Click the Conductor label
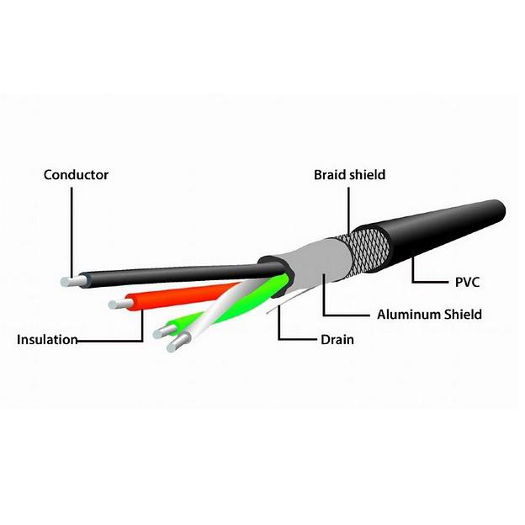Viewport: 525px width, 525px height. (x=76, y=175)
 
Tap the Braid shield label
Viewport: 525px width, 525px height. (x=349, y=175)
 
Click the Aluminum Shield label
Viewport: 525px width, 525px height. (x=429, y=314)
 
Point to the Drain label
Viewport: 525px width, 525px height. (x=337, y=340)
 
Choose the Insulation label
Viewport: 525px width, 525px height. (x=47, y=340)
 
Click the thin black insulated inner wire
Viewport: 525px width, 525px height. (x=168, y=275)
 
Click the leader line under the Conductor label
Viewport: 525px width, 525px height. (x=72, y=227)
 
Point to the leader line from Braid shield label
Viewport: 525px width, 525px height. (x=347, y=206)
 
